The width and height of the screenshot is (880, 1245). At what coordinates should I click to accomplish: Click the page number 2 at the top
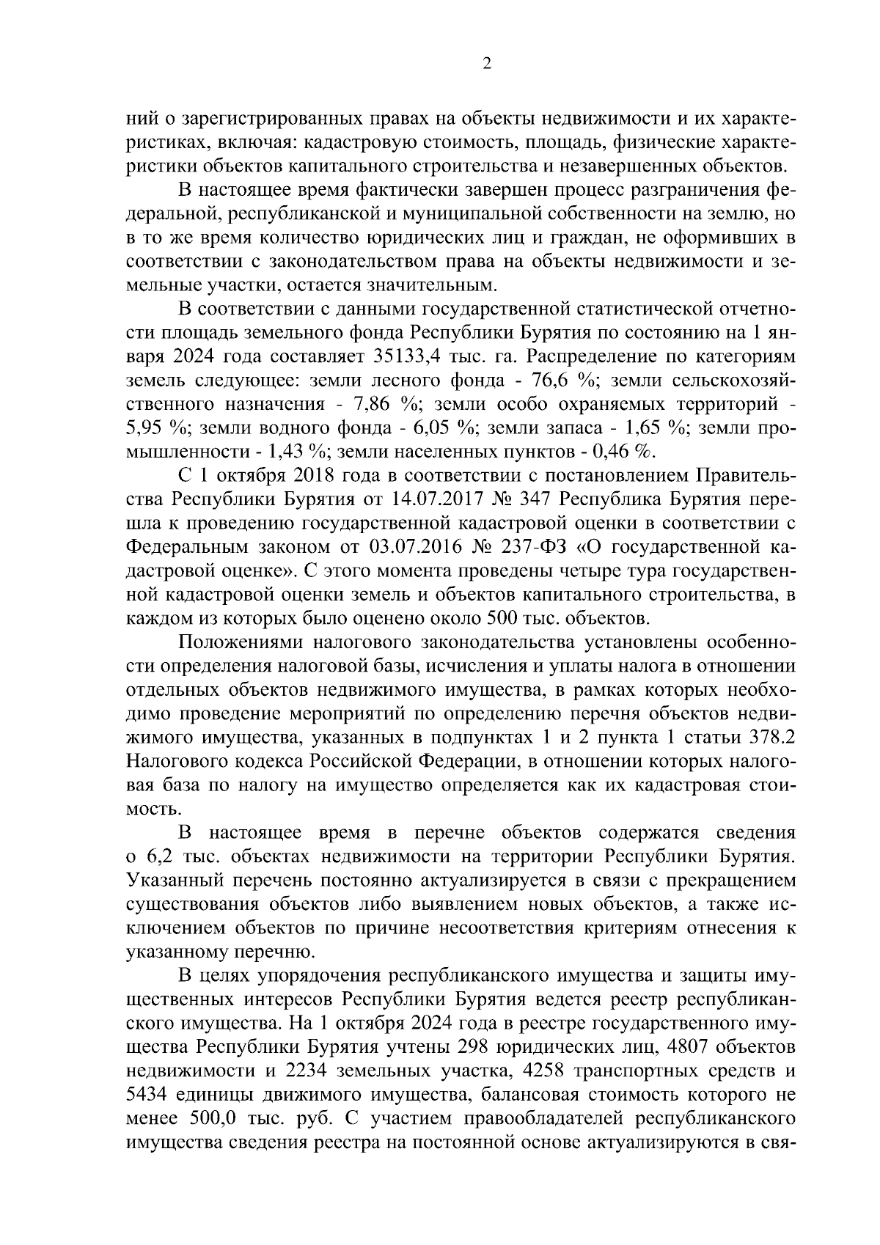[487, 64]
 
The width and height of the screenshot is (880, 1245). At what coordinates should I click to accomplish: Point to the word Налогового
[174, 760]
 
